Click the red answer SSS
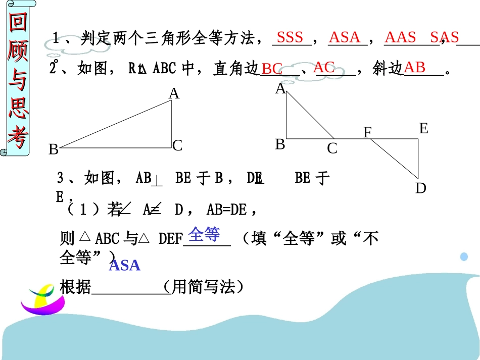click(290, 37)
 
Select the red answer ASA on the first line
click(345, 37)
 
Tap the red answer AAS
click(400, 37)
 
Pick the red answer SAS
click(444, 37)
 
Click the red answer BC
click(272, 69)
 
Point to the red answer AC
click(324, 67)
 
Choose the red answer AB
click(415, 67)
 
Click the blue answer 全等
click(204, 234)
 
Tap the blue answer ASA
click(124, 265)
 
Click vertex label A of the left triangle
click(174, 93)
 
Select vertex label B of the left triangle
click(54, 149)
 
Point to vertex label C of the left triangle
click(177, 146)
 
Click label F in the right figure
click(368, 133)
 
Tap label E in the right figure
click(423, 129)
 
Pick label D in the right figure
click(421, 188)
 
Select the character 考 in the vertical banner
click(18, 135)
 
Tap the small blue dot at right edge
click(464, 256)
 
